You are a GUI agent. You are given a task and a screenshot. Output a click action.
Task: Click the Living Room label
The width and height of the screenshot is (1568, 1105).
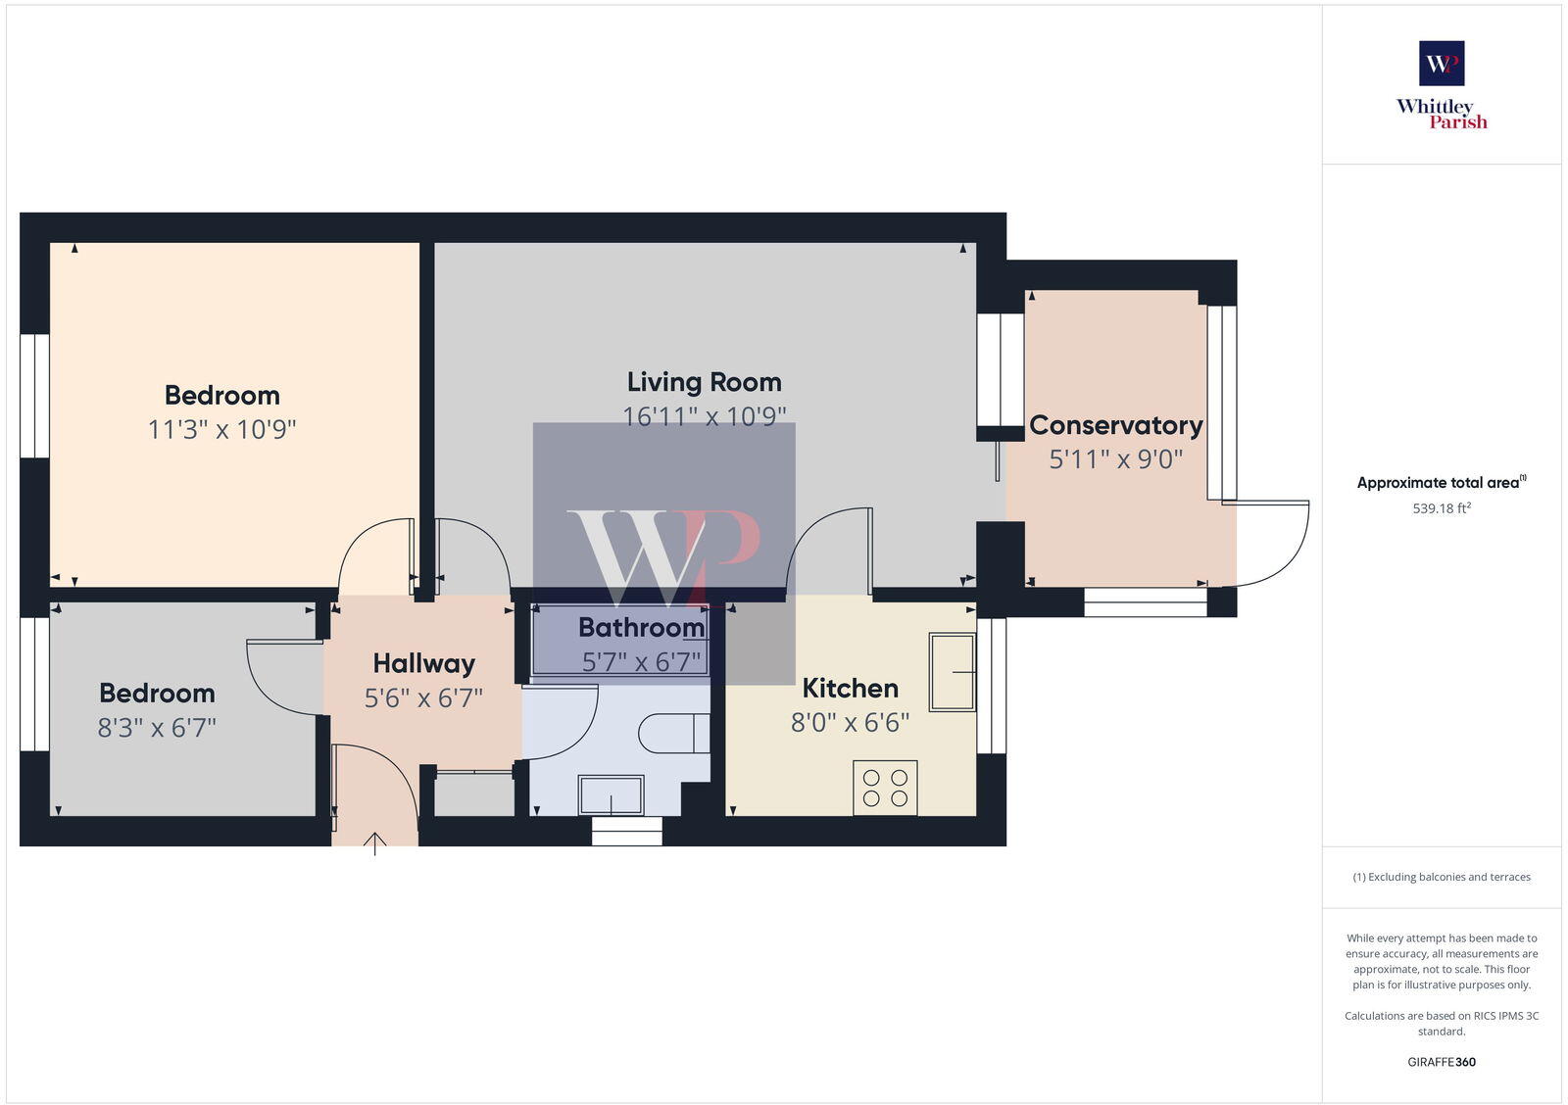[704, 382]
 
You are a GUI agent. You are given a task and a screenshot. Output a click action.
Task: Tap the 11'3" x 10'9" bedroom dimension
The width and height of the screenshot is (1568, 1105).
[221, 429]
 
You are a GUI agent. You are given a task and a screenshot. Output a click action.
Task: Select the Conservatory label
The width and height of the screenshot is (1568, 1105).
[1115, 425]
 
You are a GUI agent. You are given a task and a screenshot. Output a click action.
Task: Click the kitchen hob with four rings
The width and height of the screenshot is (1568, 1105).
[885, 788]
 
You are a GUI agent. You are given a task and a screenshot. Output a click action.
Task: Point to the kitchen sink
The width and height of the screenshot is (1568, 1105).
[952, 671]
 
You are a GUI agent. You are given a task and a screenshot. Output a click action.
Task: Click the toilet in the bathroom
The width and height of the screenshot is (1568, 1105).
[674, 733]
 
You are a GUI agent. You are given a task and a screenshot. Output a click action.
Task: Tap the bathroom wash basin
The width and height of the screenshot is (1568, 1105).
[611, 794]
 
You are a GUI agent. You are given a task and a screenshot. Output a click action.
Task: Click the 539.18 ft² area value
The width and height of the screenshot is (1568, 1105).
[1441, 508]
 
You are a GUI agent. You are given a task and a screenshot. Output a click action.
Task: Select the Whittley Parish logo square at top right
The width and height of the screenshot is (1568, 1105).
[1441, 64]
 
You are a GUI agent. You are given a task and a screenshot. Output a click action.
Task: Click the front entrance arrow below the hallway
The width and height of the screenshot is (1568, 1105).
[375, 843]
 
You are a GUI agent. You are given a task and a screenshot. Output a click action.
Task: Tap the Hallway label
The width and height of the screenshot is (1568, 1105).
[423, 664]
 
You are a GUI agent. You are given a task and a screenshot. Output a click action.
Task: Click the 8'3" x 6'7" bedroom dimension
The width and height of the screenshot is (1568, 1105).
[157, 728]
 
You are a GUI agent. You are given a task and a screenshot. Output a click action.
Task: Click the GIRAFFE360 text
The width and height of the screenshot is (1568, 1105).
[1441, 1062]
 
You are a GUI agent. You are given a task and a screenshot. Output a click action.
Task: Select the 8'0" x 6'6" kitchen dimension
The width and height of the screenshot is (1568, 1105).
[850, 723]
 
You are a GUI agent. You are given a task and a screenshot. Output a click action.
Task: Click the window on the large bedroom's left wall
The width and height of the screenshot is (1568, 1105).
[34, 396]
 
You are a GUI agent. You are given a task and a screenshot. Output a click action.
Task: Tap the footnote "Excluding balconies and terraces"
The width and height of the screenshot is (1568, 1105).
[1441, 877]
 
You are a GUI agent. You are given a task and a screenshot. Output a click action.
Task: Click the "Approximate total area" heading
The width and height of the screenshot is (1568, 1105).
[1439, 483]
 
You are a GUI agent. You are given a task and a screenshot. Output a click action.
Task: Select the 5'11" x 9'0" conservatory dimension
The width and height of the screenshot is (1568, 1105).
[1115, 459]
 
